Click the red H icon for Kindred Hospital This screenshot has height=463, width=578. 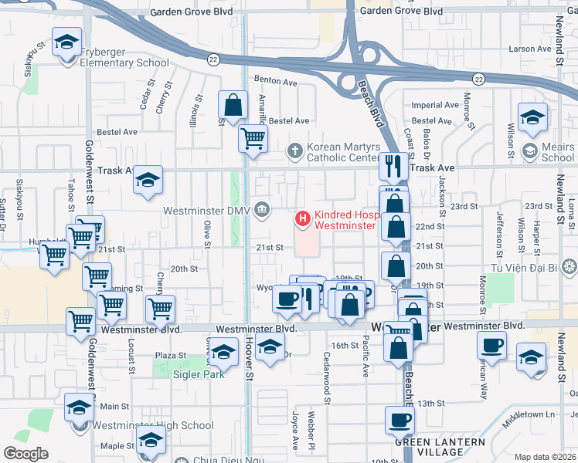tap(301, 220)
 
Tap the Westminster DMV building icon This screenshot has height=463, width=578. tap(263, 209)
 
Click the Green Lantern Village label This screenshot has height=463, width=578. tap(439, 447)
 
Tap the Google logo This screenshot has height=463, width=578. tap(25, 453)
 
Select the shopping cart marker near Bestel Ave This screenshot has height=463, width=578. tap(253, 139)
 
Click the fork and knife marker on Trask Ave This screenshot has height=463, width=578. tap(394, 164)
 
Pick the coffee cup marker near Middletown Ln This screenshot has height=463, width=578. tap(491, 345)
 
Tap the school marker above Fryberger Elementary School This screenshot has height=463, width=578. tap(66, 41)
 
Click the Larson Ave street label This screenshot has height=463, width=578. tap(530, 49)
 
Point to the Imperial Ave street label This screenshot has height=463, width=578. tap(437, 105)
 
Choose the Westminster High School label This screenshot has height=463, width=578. tap(153, 425)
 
